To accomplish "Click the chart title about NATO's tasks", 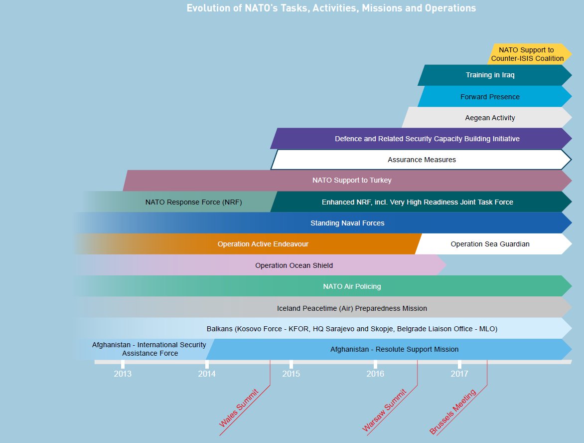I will tap(331, 8).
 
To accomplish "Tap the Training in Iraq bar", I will tap(490, 75).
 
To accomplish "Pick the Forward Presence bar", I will tap(490, 97).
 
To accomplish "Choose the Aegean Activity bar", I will tap(490, 118).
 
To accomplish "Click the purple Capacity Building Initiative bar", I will tap(427, 139).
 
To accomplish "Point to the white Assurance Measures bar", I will tap(422, 160).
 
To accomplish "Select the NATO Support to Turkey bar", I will tap(352, 180).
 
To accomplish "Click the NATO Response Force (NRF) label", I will tap(193, 202).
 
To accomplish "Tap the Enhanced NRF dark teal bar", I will tap(417, 202).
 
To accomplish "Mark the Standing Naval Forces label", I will tap(347, 223).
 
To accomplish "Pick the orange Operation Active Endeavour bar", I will tap(263, 244).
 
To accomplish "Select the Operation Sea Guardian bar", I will tap(490, 244).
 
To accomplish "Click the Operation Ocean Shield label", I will tap(293, 265).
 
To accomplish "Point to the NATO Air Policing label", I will tap(352, 286).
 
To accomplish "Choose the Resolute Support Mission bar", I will tap(394, 349).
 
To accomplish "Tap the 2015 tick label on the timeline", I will tap(291, 373).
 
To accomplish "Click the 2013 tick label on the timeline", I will tap(123, 373).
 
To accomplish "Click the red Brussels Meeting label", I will tap(453, 412).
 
